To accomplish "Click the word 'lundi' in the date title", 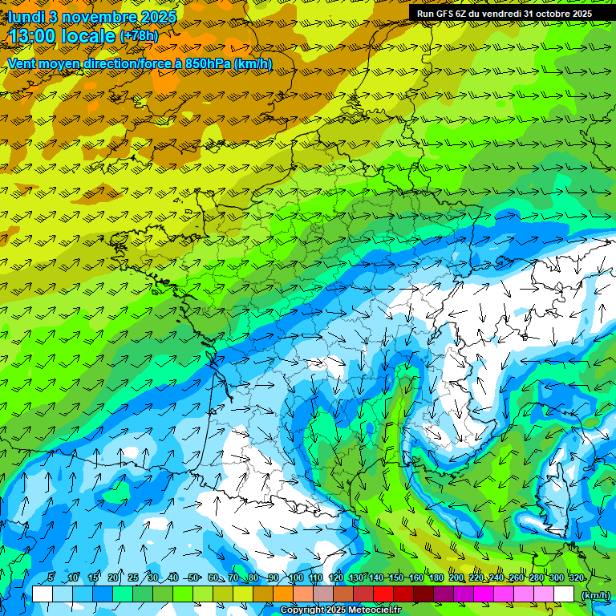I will (26, 16).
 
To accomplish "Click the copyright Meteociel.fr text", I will (340, 610).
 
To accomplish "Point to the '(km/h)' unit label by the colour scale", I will (595, 594).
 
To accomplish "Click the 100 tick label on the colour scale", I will (295, 578).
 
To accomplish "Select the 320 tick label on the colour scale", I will (576, 578).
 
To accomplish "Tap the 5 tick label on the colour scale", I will (51, 578).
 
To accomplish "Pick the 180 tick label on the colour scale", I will (436, 578).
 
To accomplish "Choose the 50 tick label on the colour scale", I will (193, 578).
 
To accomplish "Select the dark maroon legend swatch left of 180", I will (423, 594).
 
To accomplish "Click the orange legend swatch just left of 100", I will (283, 594).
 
